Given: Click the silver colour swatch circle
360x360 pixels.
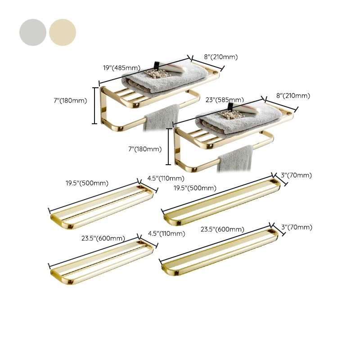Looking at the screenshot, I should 33,32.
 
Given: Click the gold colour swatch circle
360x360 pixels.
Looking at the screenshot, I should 63,32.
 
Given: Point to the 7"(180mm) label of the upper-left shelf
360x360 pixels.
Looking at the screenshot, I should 69,100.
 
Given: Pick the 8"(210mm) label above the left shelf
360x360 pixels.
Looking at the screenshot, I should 220,57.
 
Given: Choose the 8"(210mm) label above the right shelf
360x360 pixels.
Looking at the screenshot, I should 293,95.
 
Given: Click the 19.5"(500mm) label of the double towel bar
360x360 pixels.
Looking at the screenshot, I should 87,183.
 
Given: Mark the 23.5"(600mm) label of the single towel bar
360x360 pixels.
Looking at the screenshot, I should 223,229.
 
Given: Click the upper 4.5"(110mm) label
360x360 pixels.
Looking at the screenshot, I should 166,178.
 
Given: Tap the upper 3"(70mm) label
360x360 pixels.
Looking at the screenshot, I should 297,175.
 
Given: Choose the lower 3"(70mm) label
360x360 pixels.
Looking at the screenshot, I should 297,227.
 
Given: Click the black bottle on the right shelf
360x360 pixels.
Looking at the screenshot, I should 231,106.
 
